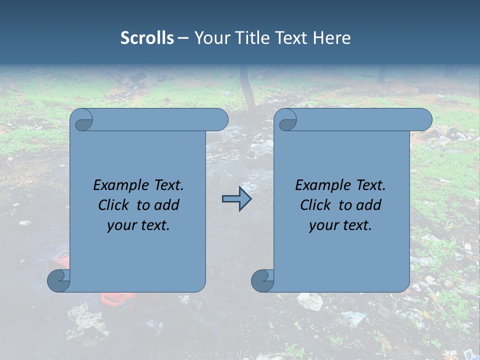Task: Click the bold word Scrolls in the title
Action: pos(147,38)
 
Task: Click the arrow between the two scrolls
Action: pos(236,199)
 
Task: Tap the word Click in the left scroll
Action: pos(114,205)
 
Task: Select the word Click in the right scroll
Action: pos(315,205)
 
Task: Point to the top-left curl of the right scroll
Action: pos(287,120)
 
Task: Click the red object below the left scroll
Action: pos(117,298)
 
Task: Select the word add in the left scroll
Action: pos(167,205)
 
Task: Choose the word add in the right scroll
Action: pos(369,205)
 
